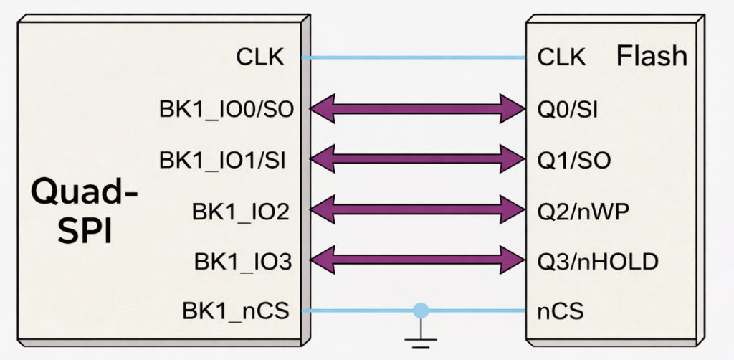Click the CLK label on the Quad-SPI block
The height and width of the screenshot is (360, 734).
click(260, 57)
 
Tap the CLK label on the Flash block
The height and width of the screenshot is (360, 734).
click(561, 57)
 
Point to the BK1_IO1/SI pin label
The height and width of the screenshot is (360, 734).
click(223, 160)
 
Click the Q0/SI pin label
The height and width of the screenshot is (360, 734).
click(568, 109)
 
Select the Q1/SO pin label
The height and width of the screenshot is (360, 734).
click(573, 160)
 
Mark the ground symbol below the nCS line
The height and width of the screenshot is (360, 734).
click(421, 331)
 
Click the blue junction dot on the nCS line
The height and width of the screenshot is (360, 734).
click(421, 311)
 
